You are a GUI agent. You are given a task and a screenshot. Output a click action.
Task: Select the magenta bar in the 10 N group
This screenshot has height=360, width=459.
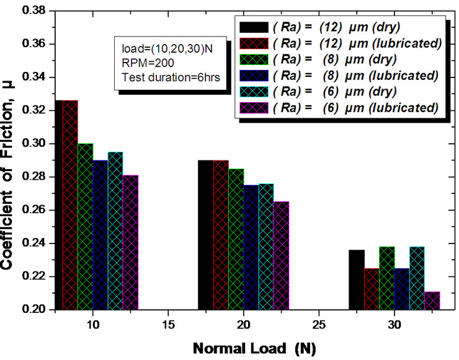pyautogui.click(x=130, y=242)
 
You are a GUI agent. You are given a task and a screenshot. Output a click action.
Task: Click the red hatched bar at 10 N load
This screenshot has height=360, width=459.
pyautogui.click(x=70, y=204)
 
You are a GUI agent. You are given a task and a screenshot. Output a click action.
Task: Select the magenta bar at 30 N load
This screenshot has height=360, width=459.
pyautogui.click(x=432, y=301)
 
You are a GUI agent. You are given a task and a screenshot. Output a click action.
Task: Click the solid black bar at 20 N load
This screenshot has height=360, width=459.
pyautogui.click(x=205, y=235)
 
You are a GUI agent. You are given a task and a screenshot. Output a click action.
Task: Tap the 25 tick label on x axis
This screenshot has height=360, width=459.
pyautogui.click(x=319, y=325)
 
